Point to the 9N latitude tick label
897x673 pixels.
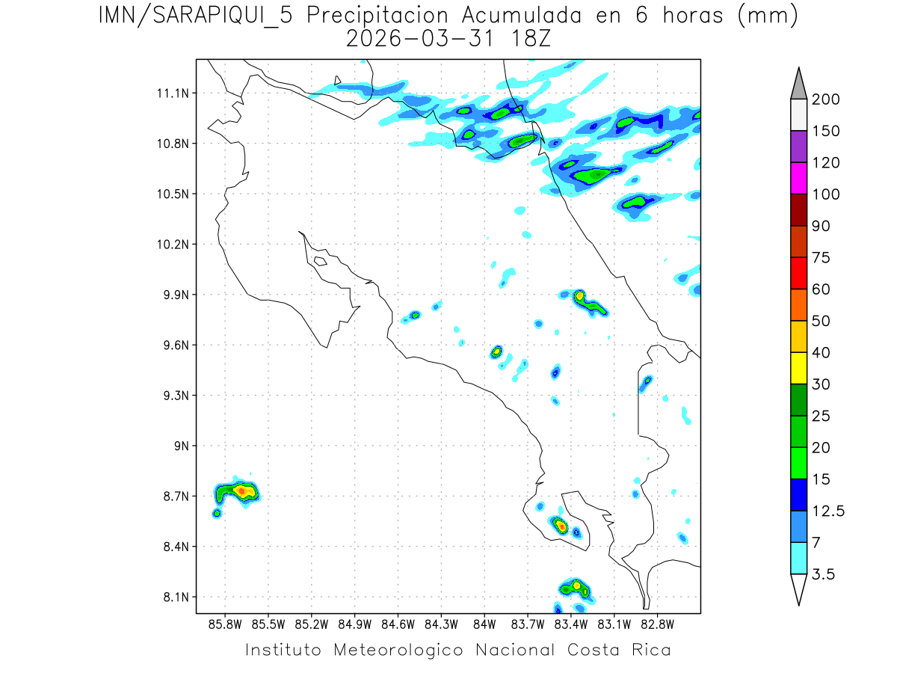(179, 446)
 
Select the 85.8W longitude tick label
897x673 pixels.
(226, 623)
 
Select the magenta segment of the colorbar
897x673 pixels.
(798, 178)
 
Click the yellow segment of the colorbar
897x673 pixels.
(798, 367)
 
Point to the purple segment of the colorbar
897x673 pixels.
(798, 147)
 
